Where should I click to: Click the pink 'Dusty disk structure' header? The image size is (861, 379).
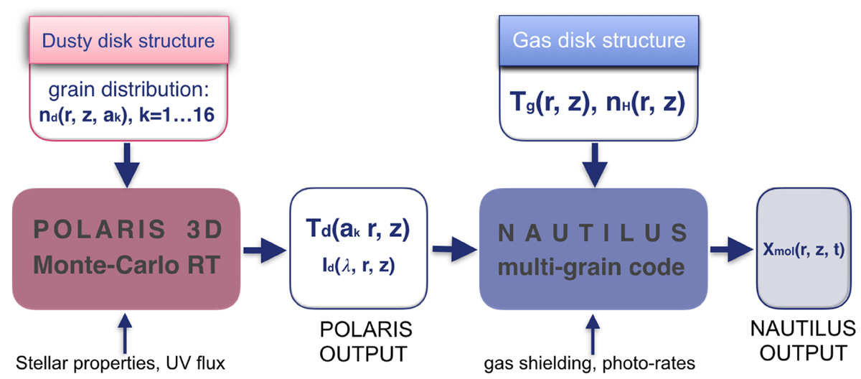[128, 40]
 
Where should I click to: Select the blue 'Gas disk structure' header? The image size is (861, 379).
[599, 40]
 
